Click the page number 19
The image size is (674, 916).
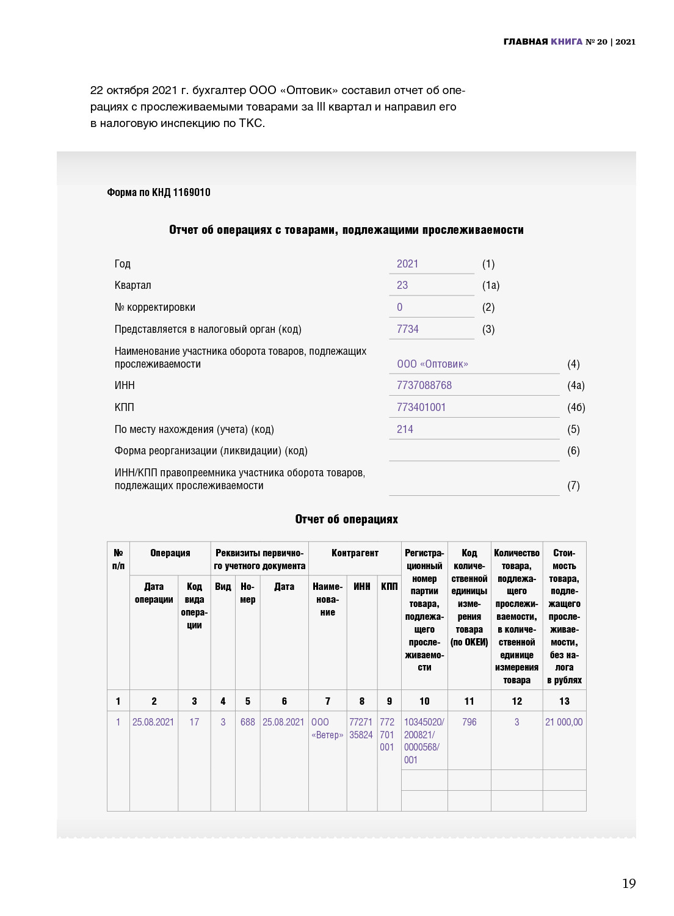(x=629, y=883)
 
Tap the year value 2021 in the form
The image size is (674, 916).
(x=407, y=264)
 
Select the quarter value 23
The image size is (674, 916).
(x=402, y=285)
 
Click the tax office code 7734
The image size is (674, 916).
(x=407, y=329)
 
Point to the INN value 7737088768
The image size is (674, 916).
(x=424, y=385)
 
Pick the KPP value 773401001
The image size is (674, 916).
(x=421, y=407)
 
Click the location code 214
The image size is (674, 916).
(x=405, y=429)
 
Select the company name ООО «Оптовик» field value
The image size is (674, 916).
(x=432, y=364)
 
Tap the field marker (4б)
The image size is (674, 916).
(x=576, y=407)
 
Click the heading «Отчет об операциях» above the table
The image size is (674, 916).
(x=346, y=519)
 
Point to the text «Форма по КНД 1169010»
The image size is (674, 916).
(x=159, y=192)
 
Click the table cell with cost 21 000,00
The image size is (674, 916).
(x=563, y=722)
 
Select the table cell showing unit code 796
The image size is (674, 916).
(x=469, y=722)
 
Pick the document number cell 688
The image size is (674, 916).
(x=247, y=722)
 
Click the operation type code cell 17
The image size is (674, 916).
(x=194, y=722)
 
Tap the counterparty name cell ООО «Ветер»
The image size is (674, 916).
(x=327, y=729)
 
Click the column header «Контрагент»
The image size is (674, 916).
(x=355, y=553)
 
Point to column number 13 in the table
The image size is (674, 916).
(x=564, y=701)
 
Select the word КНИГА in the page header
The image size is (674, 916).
(x=567, y=42)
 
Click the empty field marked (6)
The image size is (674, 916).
(x=474, y=451)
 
